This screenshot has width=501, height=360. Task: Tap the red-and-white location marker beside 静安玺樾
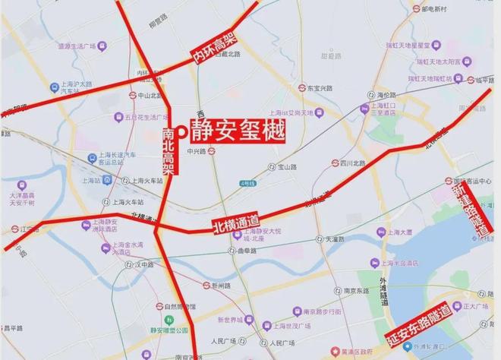(182, 131)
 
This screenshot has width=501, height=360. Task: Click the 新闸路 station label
(219, 286)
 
